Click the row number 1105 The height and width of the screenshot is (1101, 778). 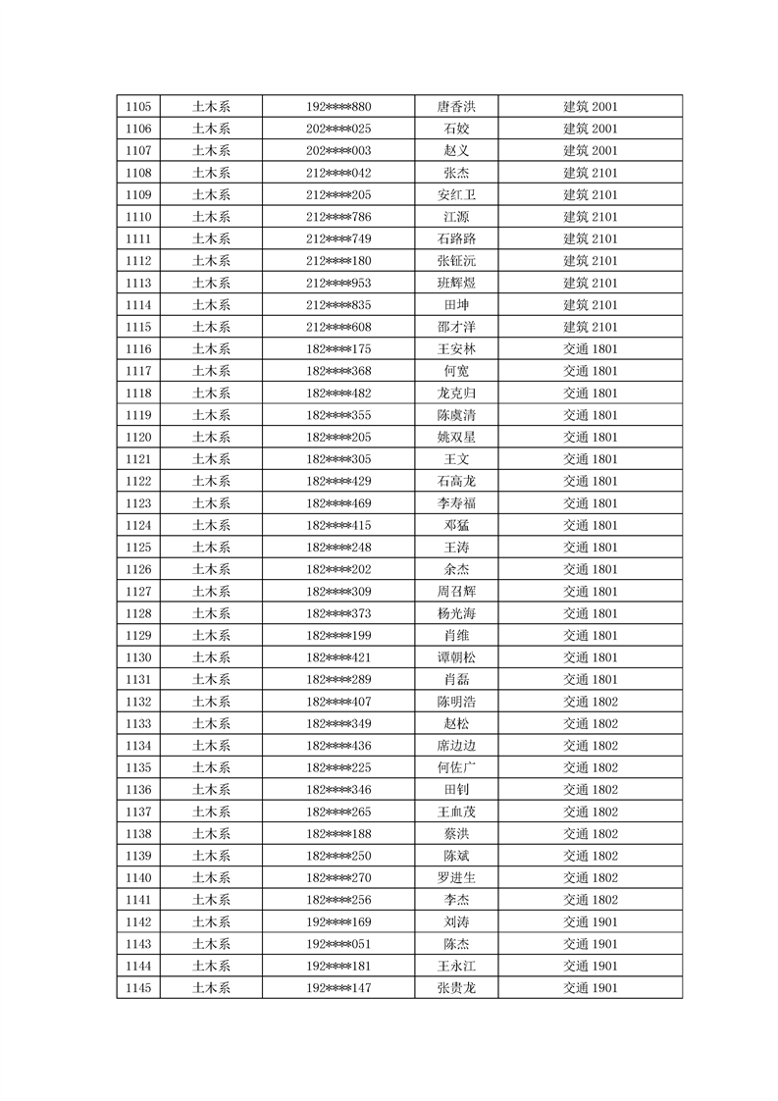tap(138, 106)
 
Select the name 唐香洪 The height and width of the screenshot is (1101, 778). tap(456, 106)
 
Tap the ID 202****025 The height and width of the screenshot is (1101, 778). tap(338, 129)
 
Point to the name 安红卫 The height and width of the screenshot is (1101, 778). tap(456, 194)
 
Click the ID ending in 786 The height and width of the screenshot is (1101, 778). tap(338, 217)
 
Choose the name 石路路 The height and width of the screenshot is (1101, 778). tap(456, 238)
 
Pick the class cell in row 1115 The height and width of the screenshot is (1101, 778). tap(590, 327)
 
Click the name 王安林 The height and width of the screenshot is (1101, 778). tap(456, 349)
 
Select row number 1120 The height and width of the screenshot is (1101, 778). tap(138, 437)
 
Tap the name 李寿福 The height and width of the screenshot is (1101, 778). tap(456, 503)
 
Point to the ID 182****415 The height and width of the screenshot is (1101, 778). tap(338, 525)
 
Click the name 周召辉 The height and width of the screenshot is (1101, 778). tap(456, 592)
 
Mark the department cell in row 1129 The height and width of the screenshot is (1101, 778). tap(211, 636)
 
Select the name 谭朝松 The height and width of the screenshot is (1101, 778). tap(456, 657)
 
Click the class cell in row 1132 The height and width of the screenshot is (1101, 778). tap(590, 702)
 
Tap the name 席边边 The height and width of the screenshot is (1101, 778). tap(456, 746)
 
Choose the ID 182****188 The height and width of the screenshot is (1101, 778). tap(338, 834)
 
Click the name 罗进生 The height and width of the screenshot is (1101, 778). tap(456, 878)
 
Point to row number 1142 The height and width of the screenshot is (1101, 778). tap(138, 922)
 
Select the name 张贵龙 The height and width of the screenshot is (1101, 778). tap(456, 988)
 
